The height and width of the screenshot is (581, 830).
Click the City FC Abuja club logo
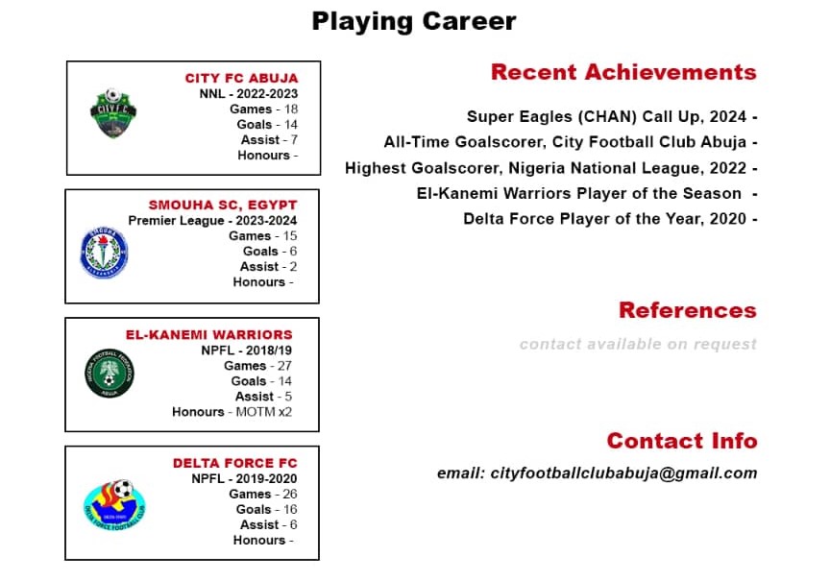(x=112, y=113)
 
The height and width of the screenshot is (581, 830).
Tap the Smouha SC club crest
(x=105, y=253)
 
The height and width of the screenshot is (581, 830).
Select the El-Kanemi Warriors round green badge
(x=110, y=373)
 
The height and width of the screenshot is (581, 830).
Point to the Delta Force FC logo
(x=115, y=504)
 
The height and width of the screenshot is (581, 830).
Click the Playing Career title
(x=414, y=22)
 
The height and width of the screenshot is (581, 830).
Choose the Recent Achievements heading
(x=623, y=72)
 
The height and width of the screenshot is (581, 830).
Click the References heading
(x=688, y=310)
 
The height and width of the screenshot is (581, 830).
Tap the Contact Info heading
(x=682, y=440)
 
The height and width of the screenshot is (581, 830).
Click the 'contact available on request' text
(x=638, y=345)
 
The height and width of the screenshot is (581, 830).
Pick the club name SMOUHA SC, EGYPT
(x=223, y=205)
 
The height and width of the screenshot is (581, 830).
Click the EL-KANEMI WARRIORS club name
(x=209, y=334)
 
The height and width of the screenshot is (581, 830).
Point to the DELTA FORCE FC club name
(x=235, y=463)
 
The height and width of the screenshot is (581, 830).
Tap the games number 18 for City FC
(x=291, y=109)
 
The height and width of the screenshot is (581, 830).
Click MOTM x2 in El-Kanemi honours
(x=263, y=412)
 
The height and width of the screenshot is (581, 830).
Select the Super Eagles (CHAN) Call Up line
(x=606, y=116)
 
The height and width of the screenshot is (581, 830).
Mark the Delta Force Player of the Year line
(x=604, y=219)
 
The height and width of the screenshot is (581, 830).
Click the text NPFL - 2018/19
(x=246, y=351)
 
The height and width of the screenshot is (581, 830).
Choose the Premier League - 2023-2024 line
(x=212, y=221)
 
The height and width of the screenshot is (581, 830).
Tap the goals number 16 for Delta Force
(x=290, y=509)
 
